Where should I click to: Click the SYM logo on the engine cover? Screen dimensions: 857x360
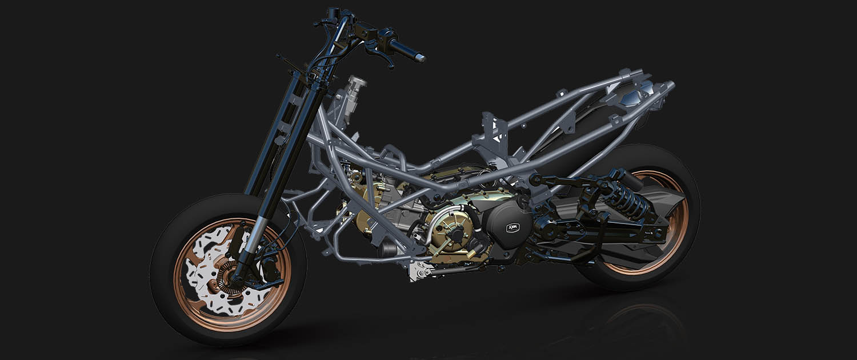coord(511,227)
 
